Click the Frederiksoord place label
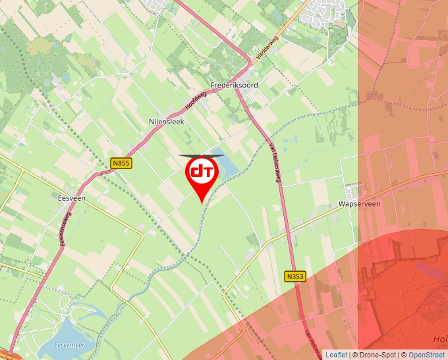coord(234,86)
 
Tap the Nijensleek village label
coord(166,122)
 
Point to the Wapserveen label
coord(360,204)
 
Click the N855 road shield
coord(121,163)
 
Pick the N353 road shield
coord(295,276)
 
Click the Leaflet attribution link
coord(336,355)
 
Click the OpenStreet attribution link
coord(427,355)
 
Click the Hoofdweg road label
coord(196,100)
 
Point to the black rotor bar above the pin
coord(201,155)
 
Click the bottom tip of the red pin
coord(201,203)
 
